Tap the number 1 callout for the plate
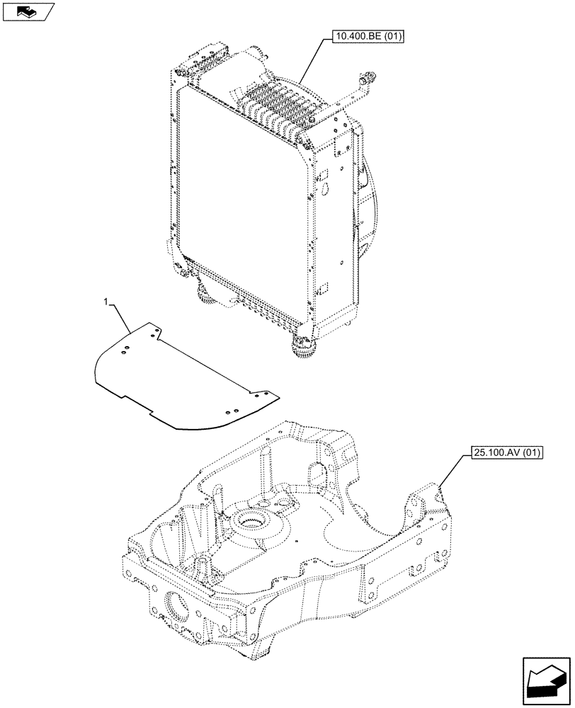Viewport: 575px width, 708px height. click(106, 302)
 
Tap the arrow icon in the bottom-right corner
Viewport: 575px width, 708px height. click(545, 681)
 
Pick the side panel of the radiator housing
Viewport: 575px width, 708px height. click(333, 227)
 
